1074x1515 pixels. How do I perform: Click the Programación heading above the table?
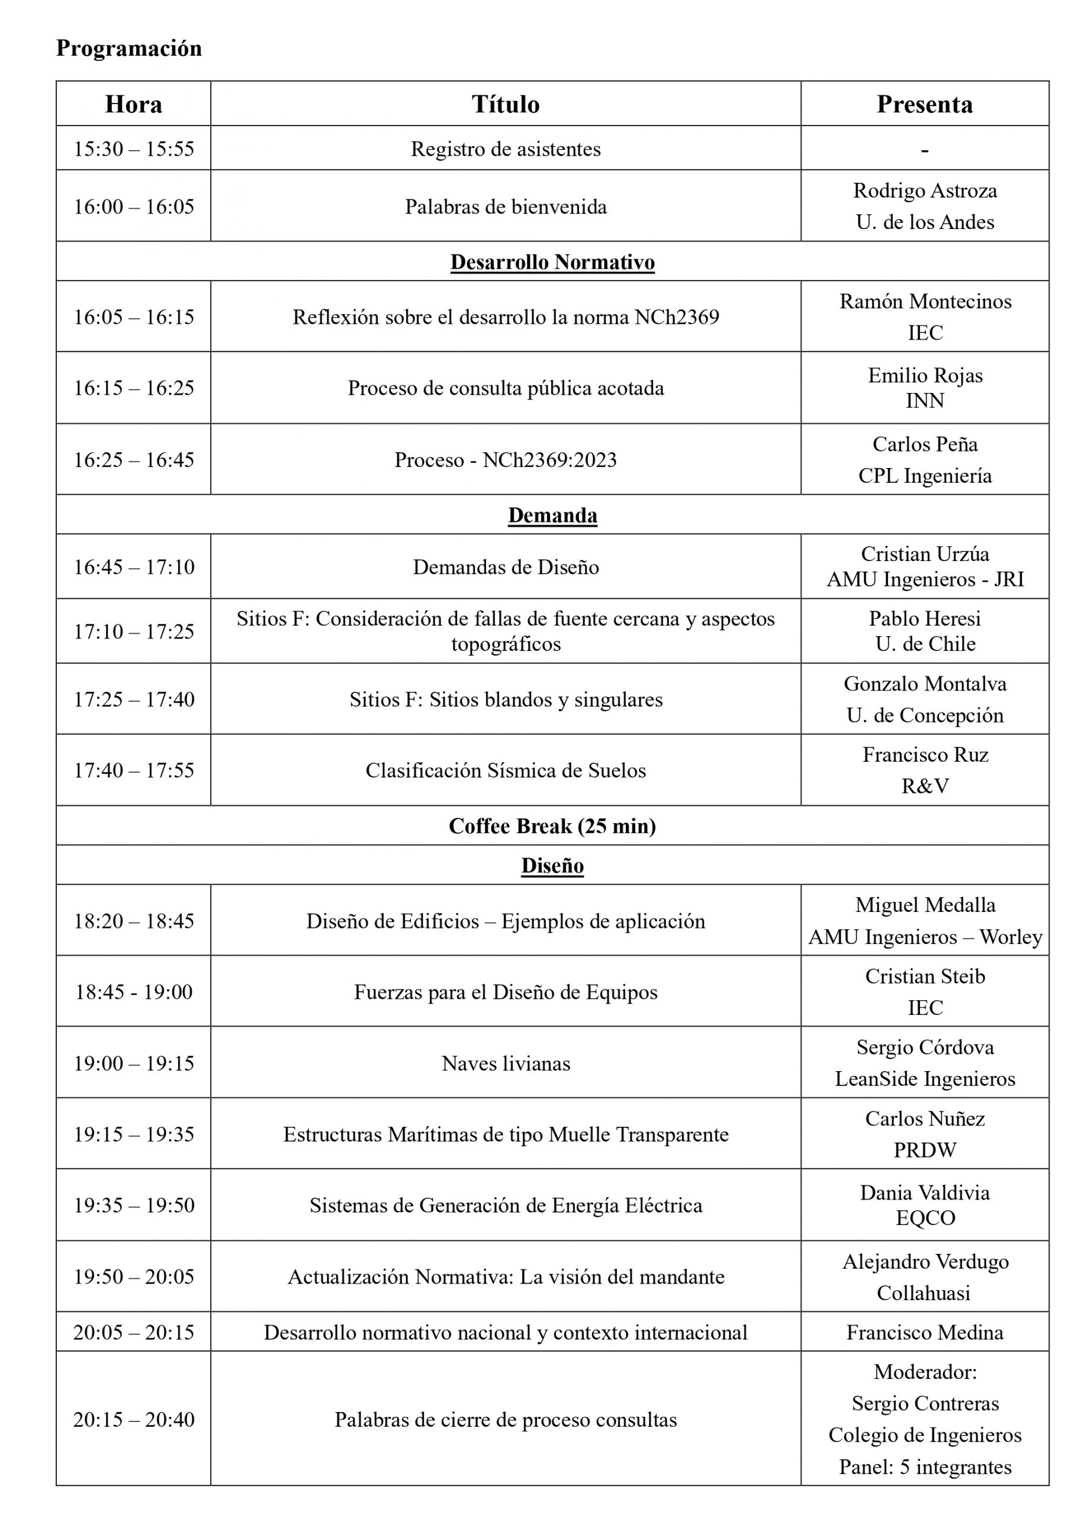(x=129, y=49)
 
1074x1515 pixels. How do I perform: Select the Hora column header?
(x=134, y=104)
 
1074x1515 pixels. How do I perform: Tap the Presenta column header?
(x=925, y=104)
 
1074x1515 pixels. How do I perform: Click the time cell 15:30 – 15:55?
(x=134, y=149)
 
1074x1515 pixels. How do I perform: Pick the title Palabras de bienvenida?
(x=506, y=207)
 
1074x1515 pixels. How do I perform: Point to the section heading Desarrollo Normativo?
(x=552, y=262)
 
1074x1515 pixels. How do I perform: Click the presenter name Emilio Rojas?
(x=925, y=375)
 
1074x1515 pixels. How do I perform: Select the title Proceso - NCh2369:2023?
(x=506, y=459)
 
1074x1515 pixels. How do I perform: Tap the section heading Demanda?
(x=552, y=515)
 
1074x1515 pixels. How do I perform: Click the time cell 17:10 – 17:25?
(x=134, y=631)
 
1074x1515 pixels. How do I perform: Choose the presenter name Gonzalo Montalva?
(x=925, y=684)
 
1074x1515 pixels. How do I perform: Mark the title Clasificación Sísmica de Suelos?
(x=506, y=770)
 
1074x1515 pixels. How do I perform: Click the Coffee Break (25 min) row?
(x=552, y=826)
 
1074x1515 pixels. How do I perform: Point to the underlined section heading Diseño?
(x=552, y=865)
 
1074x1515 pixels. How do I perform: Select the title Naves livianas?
(x=506, y=1063)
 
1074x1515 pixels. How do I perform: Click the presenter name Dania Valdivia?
(x=925, y=1192)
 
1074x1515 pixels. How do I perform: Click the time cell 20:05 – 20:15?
(x=134, y=1332)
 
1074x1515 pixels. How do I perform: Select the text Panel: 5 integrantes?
(x=925, y=1466)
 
